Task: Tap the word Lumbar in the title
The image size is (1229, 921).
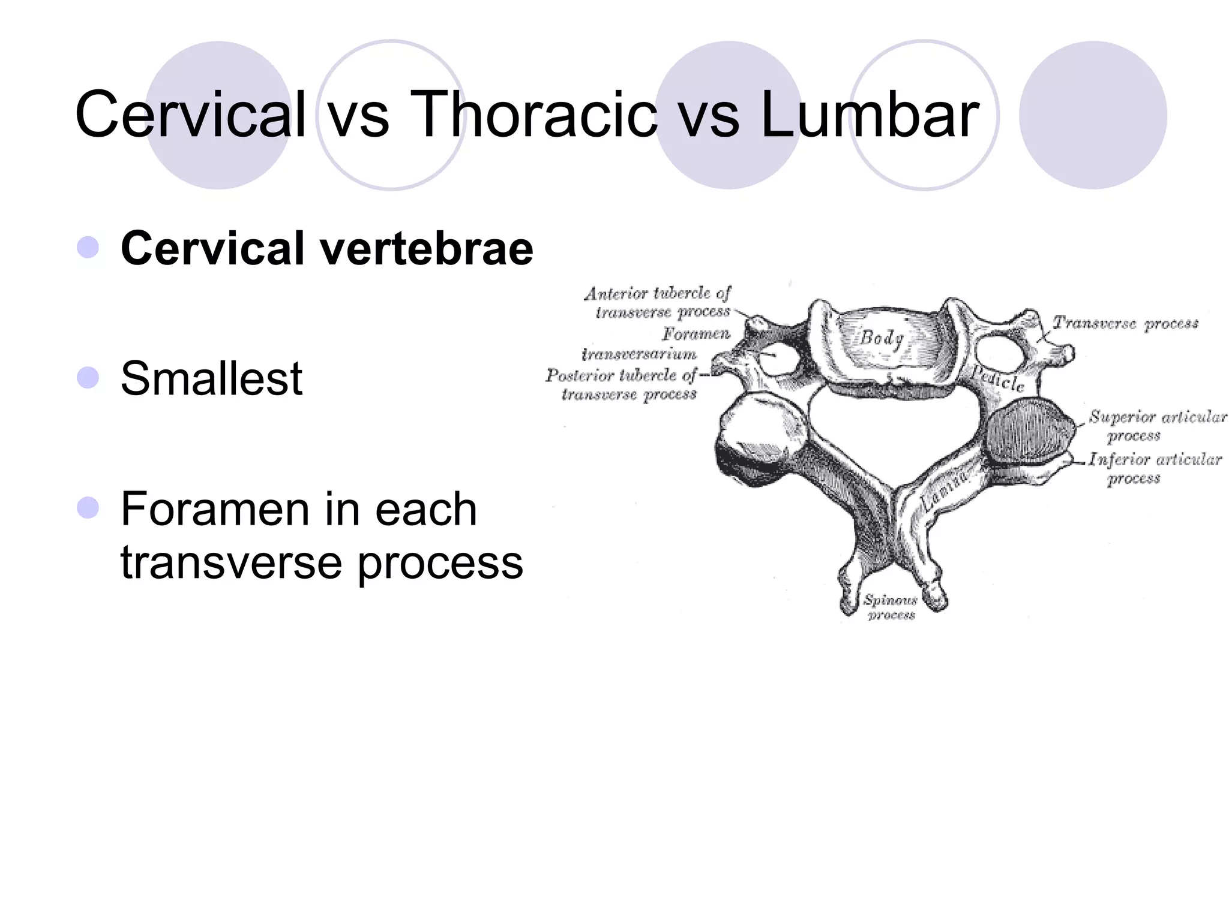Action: click(x=869, y=114)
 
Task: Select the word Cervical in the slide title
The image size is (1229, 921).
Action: click(x=191, y=114)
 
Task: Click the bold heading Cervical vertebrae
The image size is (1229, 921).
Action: click(x=326, y=248)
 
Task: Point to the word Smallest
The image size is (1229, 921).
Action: click(x=211, y=378)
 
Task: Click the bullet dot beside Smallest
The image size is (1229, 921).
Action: click(x=88, y=378)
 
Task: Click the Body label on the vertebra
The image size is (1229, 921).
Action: click(x=882, y=338)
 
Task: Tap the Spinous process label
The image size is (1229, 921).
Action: click(x=891, y=607)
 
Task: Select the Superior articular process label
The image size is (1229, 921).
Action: click(x=1156, y=425)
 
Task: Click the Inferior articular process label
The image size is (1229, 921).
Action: click(x=1155, y=468)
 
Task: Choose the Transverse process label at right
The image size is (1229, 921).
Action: click(x=1126, y=323)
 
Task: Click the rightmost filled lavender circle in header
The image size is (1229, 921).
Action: click(x=1093, y=115)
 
